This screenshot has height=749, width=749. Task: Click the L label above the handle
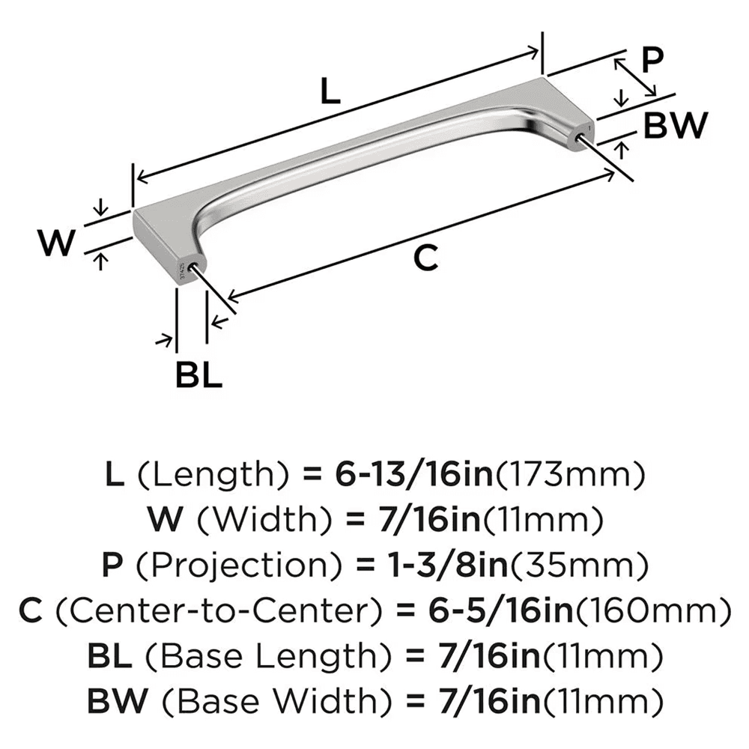[x=330, y=92]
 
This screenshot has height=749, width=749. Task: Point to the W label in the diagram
[x=58, y=243]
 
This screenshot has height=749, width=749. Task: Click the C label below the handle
[x=425, y=258]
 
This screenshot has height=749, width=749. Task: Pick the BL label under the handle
[x=198, y=374]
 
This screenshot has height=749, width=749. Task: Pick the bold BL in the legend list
[x=109, y=657]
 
